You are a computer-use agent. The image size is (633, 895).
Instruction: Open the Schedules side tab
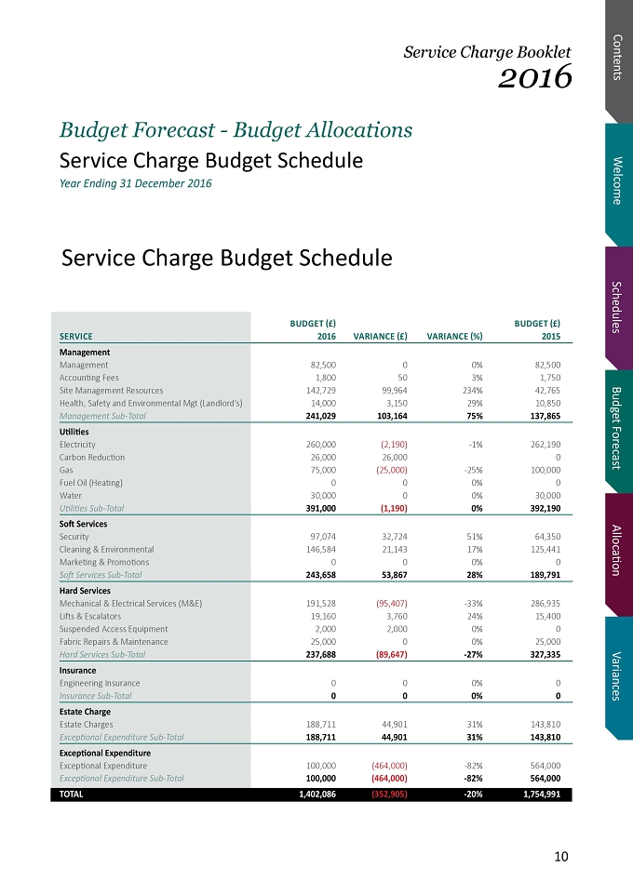[618, 307]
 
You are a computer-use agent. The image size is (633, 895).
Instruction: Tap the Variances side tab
[618, 676]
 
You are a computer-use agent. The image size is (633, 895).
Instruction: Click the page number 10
[561, 856]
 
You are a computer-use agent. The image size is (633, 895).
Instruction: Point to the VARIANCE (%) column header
[455, 336]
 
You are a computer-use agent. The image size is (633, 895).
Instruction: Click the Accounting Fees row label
[89, 378]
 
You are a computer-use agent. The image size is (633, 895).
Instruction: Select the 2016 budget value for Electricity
[321, 444]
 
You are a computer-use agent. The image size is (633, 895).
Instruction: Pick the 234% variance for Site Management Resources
[473, 391]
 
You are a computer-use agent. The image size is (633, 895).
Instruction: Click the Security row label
[74, 537]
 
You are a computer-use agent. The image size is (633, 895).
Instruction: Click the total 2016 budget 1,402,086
[317, 794]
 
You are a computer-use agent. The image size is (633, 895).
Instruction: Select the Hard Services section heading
[85, 590]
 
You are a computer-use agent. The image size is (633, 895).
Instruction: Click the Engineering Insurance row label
[100, 683]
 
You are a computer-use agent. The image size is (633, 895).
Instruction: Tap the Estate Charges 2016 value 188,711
[321, 725]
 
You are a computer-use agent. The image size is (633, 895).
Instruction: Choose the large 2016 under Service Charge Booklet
[534, 76]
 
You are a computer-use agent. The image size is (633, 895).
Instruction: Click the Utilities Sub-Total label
[91, 508]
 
